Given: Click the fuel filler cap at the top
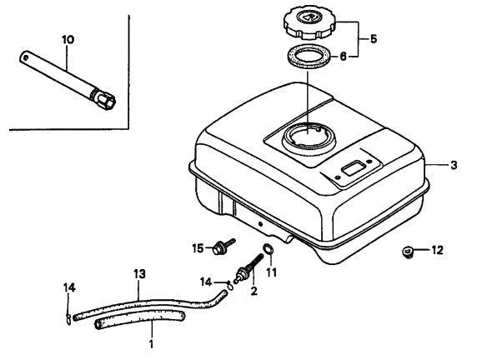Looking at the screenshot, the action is click(309, 22).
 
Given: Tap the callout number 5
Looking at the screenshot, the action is click(374, 39).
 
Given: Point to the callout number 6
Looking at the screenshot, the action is click(343, 57).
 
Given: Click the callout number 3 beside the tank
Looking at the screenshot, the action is click(454, 165).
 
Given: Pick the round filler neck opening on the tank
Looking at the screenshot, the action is click(309, 138).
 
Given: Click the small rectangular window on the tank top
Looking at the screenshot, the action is click(354, 168).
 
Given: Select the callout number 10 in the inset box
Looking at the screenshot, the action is click(68, 40).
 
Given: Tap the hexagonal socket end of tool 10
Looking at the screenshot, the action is click(103, 98).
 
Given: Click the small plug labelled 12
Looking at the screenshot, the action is click(407, 252).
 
